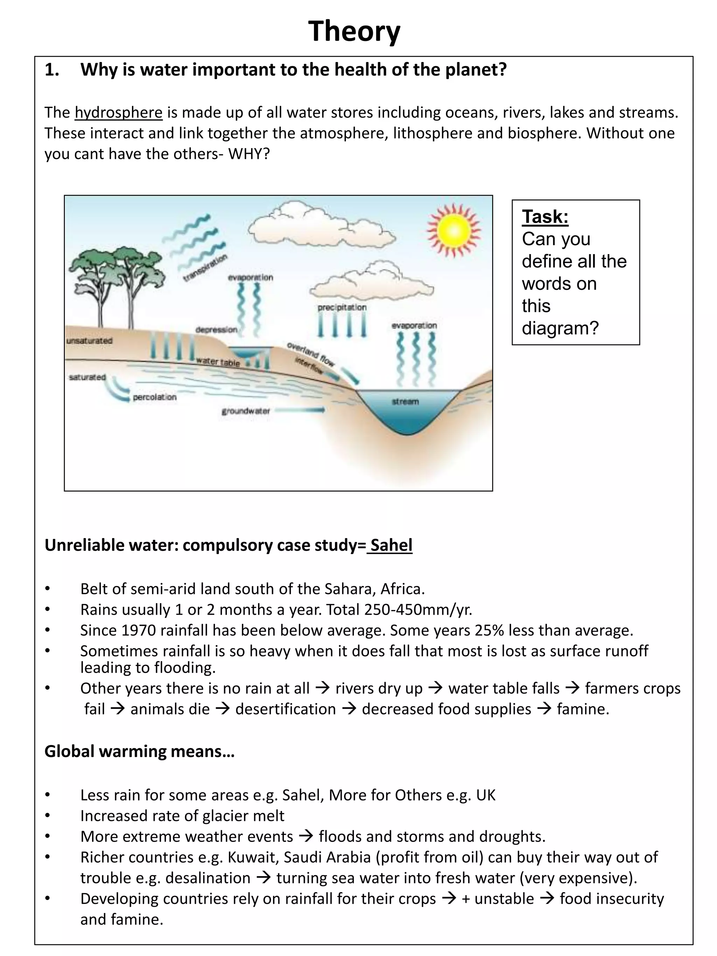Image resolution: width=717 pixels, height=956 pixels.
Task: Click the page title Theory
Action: (x=354, y=31)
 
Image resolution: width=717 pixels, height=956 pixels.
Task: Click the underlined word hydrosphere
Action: (x=118, y=112)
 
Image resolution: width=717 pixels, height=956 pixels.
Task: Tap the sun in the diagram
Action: (x=453, y=231)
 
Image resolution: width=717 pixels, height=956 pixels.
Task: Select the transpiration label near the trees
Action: (x=205, y=268)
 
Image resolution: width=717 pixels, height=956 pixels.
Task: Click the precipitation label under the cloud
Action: (x=342, y=307)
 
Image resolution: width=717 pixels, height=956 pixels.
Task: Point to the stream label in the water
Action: (x=405, y=402)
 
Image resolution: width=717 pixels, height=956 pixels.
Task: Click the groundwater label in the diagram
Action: (x=245, y=411)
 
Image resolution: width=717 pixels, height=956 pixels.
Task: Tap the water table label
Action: (x=217, y=362)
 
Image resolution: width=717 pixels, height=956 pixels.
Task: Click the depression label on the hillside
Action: (x=216, y=330)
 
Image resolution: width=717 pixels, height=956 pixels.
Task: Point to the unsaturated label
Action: (x=90, y=341)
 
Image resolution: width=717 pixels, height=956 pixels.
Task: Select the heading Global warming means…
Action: (x=139, y=751)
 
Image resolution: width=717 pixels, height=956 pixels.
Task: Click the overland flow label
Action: (x=311, y=354)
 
